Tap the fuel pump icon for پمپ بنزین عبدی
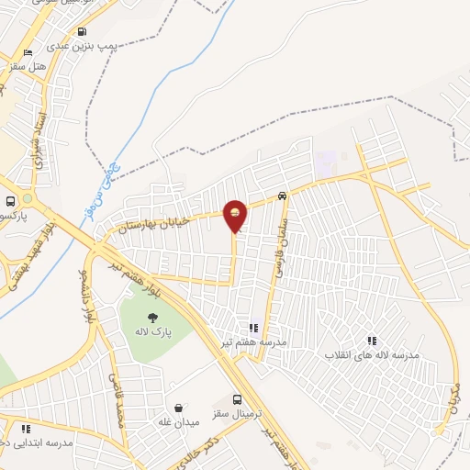pyautogui.click(x=82, y=31)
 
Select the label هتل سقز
pyautogui.click(x=28, y=66)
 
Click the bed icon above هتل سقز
pyautogui.click(x=28, y=52)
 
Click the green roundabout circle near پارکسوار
pyautogui.click(x=28, y=198)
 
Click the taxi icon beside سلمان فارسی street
pyautogui.click(x=282, y=195)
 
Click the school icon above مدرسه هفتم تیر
pyautogui.click(x=253, y=328)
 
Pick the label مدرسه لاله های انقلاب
pyautogui.click(x=370, y=354)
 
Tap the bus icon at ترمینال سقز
pyautogui.click(x=238, y=400)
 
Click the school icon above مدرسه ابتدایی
pyautogui.click(x=26, y=429)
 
